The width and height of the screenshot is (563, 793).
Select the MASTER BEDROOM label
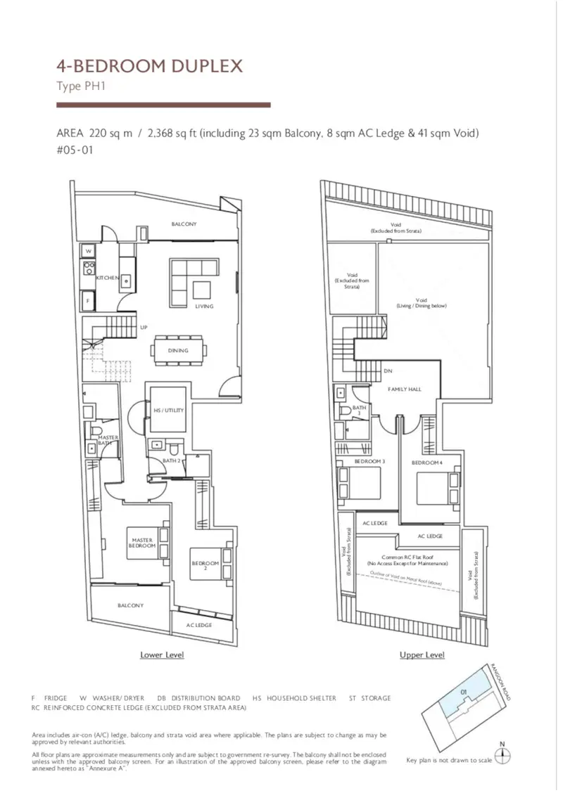(x=143, y=543)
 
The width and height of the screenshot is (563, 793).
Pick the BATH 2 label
(x=172, y=460)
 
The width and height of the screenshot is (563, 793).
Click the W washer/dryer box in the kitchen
(x=89, y=251)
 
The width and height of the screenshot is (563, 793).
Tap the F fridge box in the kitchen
(x=88, y=300)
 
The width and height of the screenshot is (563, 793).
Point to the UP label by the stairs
(x=144, y=328)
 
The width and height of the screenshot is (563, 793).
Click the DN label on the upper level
(x=388, y=371)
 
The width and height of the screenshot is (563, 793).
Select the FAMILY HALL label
(x=405, y=389)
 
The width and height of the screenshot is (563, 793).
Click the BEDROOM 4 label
(x=427, y=463)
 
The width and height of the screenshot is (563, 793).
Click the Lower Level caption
(x=162, y=655)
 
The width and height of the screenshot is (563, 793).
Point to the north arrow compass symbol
(x=502, y=756)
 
